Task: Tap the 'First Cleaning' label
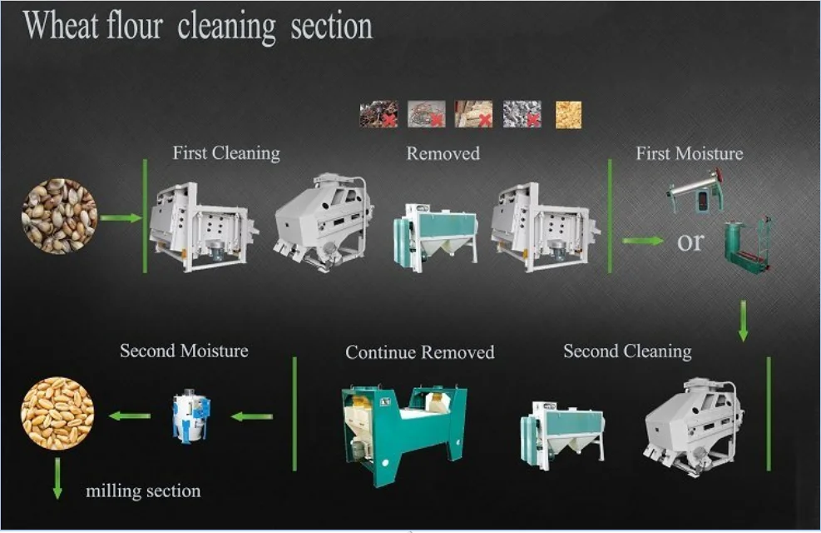[x=226, y=153]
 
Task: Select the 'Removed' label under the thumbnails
[x=443, y=153]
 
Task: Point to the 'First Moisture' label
[x=690, y=153]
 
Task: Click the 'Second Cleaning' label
[x=627, y=351]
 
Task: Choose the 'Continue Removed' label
[x=419, y=352]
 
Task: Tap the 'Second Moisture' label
[x=184, y=351]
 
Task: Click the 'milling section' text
[x=143, y=491]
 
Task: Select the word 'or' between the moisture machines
[x=690, y=242]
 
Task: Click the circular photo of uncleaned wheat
[x=59, y=217]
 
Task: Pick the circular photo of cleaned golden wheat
[x=57, y=414]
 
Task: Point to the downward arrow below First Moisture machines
[x=743, y=321]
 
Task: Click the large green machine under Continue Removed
[x=403, y=433]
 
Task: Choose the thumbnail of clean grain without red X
[x=568, y=114]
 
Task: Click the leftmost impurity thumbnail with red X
[x=378, y=114]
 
